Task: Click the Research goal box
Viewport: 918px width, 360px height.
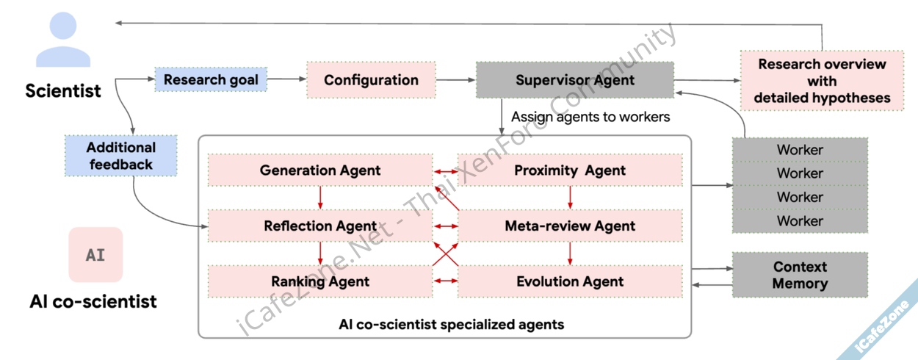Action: click(211, 80)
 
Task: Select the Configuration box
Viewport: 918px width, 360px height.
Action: click(371, 80)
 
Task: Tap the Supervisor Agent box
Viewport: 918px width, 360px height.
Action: click(574, 80)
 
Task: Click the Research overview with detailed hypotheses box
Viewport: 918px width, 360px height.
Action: click(822, 81)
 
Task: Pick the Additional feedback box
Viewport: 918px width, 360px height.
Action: click(121, 156)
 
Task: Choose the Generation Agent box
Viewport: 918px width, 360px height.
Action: click(320, 170)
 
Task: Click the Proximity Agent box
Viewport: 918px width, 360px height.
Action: click(570, 170)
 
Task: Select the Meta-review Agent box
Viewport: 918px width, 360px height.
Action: click(570, 226)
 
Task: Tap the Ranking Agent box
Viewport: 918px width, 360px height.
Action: click(320, 281)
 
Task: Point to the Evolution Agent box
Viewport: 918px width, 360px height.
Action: click(570, 281)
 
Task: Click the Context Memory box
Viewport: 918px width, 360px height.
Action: click(800, 275)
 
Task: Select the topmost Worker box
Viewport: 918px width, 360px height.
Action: click(800, 150)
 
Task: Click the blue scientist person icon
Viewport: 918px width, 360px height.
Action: click(63, 40)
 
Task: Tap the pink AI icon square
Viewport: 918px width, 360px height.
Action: click(95, 255)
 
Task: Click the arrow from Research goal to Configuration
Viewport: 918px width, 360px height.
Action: click(286, 79)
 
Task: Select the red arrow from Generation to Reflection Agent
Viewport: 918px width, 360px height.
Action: click(320, 198)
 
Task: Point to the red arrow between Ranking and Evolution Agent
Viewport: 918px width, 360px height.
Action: click(445, 281)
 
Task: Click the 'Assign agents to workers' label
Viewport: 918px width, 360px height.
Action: click(590, 117)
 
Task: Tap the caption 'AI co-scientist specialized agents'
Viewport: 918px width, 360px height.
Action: click(451, 324)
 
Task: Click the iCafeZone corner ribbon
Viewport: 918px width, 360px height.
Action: click(884, 324)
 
